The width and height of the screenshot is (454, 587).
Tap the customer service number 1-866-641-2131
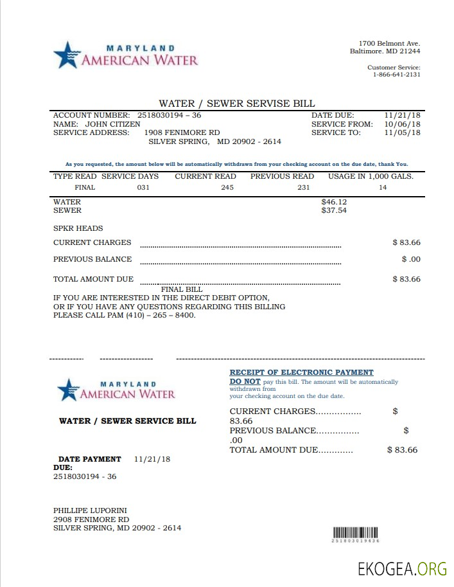click(x=396, y=75)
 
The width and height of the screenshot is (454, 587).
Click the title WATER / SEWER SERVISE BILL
click(x=237, y=104)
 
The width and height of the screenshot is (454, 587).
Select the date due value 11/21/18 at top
click(x=402, y=115)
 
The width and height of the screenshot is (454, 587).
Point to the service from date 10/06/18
click(x=402, y=124)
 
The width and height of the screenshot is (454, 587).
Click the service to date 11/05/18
click(x=402, y=132)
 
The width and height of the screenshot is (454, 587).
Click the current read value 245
click(x=227, y=187)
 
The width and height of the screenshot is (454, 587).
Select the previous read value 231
click(x=303, y=187)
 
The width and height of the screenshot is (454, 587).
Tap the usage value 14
click(x=383, y=187)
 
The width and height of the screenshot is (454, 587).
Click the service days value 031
click(x=143, y=187)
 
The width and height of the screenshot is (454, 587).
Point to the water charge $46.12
click(x=334, y=202)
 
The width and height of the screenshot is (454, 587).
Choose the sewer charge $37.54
click(x=334, y=210)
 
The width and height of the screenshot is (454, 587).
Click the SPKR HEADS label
click(x=78, y=228)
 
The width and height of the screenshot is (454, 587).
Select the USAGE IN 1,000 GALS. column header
click(x=371, y=176)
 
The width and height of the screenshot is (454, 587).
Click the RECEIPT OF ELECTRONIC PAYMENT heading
click(x=301, y=372)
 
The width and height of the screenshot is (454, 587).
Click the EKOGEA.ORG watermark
click(x=402, y=568)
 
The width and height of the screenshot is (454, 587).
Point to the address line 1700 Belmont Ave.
click(x=389, y=43)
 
